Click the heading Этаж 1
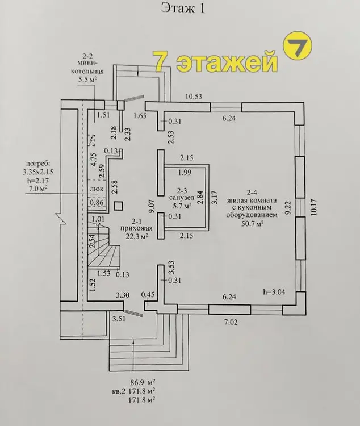pos(179,8)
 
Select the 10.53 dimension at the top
pos(194,97)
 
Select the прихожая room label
pos(135,228)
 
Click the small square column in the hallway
pos(119,206)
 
